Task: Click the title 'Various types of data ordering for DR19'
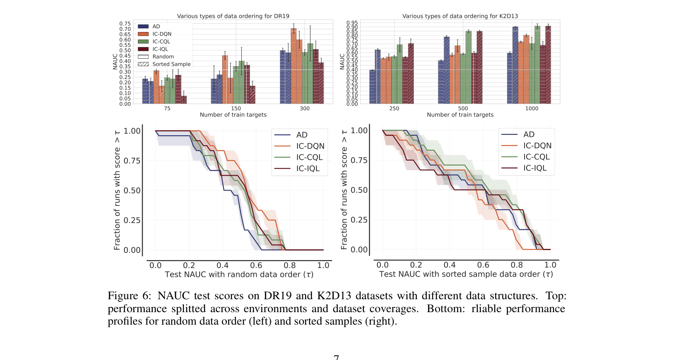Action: (x=233, y=16)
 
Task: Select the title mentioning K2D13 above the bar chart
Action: (x=460, y=16)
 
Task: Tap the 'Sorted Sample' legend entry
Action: (x=164, y=64)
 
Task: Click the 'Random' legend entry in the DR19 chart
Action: (x=156, y=57)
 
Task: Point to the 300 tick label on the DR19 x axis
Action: (x=304, y=109)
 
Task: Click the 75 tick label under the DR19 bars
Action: (x=167, y=109)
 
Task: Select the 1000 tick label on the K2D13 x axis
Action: (x=531, y=109)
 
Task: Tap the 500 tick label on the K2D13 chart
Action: (x=463, y=109)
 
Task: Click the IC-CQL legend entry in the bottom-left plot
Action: (x=309, y=157)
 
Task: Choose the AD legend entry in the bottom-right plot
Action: (x=529, y=134)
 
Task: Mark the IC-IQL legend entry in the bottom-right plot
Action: (x=534, y=168)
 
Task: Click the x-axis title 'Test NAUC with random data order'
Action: (x=239, y=275)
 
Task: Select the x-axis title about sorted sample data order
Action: (x=466, y=274)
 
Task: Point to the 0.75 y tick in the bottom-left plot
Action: (x=132, y=161)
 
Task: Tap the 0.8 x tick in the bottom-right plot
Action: (x=517, y=265)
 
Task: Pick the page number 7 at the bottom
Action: (x=336, y=357)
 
